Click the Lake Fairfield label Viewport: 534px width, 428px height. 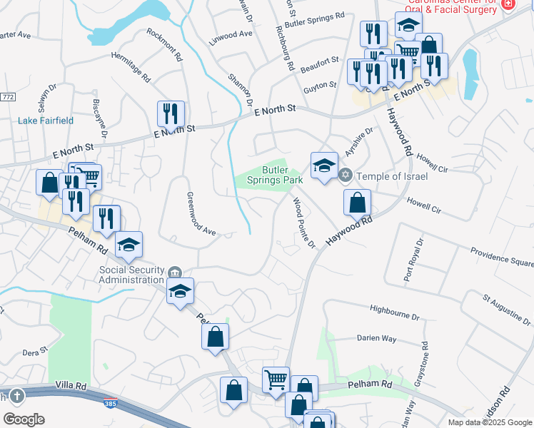pos(46,121)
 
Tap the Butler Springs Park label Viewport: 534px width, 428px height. pos(275,175)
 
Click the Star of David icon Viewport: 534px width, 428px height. pos(346,175)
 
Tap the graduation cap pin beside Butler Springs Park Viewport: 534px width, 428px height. pos(324,167)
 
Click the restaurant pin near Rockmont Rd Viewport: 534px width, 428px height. pos(171,116)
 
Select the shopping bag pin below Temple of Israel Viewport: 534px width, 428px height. pos(357,203)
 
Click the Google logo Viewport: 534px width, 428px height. pos(24,419)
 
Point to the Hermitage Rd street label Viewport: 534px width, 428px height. pos(131,66)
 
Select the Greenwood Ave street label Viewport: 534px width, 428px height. pos(201,213)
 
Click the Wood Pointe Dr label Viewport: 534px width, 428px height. pos(304,224)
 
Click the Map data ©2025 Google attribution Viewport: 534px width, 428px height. pos(490,422)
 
